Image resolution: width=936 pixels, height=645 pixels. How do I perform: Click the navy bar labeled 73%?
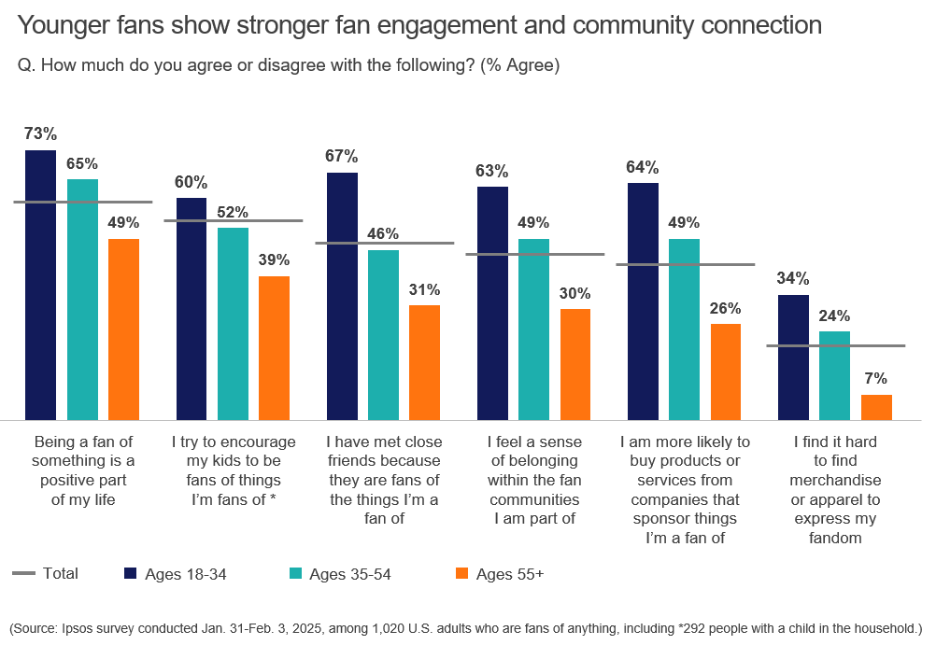tap(40, 285)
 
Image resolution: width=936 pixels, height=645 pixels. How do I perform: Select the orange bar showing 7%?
tap(876, 407)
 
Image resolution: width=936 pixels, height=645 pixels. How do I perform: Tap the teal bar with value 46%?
tap(383, 335)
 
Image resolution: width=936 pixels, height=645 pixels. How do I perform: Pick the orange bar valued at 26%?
tap(726, 372)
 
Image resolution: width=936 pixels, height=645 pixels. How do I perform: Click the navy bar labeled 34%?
tap(793, 358)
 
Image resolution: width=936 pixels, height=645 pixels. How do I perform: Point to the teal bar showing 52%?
tap(233, 324)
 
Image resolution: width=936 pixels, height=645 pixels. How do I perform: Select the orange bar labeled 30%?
tap(575, 364)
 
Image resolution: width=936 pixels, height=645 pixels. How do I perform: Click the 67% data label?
tap(342, 156)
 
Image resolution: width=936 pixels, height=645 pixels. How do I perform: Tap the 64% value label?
tap(643, 167)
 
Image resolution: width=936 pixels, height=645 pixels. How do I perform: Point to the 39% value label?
tap(274, 259)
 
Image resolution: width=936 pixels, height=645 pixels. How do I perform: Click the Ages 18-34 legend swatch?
tap(131, 574)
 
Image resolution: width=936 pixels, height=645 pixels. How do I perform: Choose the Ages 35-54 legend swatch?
tap(295, 574)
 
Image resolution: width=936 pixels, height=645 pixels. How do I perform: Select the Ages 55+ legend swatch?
tap(461, 574)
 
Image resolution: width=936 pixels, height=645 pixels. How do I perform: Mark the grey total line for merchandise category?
tap(835, 346)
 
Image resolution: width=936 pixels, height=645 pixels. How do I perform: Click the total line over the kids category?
tap(234, 220)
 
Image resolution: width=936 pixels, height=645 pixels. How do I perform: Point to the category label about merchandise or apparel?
tap(834, 490)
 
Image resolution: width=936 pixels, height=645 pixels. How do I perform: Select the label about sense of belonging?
tap(533, 480)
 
